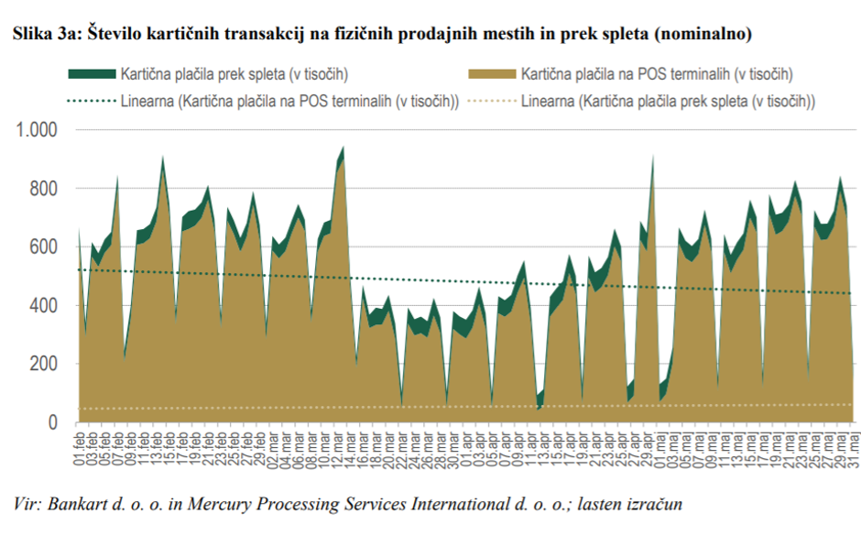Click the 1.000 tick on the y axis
(34, 130)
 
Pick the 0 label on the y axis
(52, 422)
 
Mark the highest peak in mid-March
(343, 147)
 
